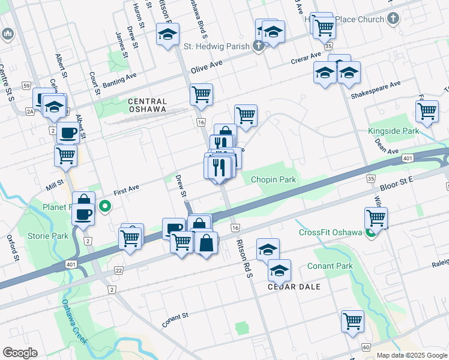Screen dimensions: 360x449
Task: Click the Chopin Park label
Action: [273, 179]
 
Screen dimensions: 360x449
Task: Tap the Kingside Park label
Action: [393, 131]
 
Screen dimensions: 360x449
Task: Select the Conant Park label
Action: [330, 266]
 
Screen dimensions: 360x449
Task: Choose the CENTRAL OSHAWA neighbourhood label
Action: [155, 106]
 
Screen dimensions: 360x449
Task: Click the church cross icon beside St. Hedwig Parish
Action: [259, 46]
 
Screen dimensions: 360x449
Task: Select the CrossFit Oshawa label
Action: [331, 233]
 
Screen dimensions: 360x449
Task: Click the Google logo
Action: [20, 353]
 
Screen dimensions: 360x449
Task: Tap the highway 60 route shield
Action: [365, 347]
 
